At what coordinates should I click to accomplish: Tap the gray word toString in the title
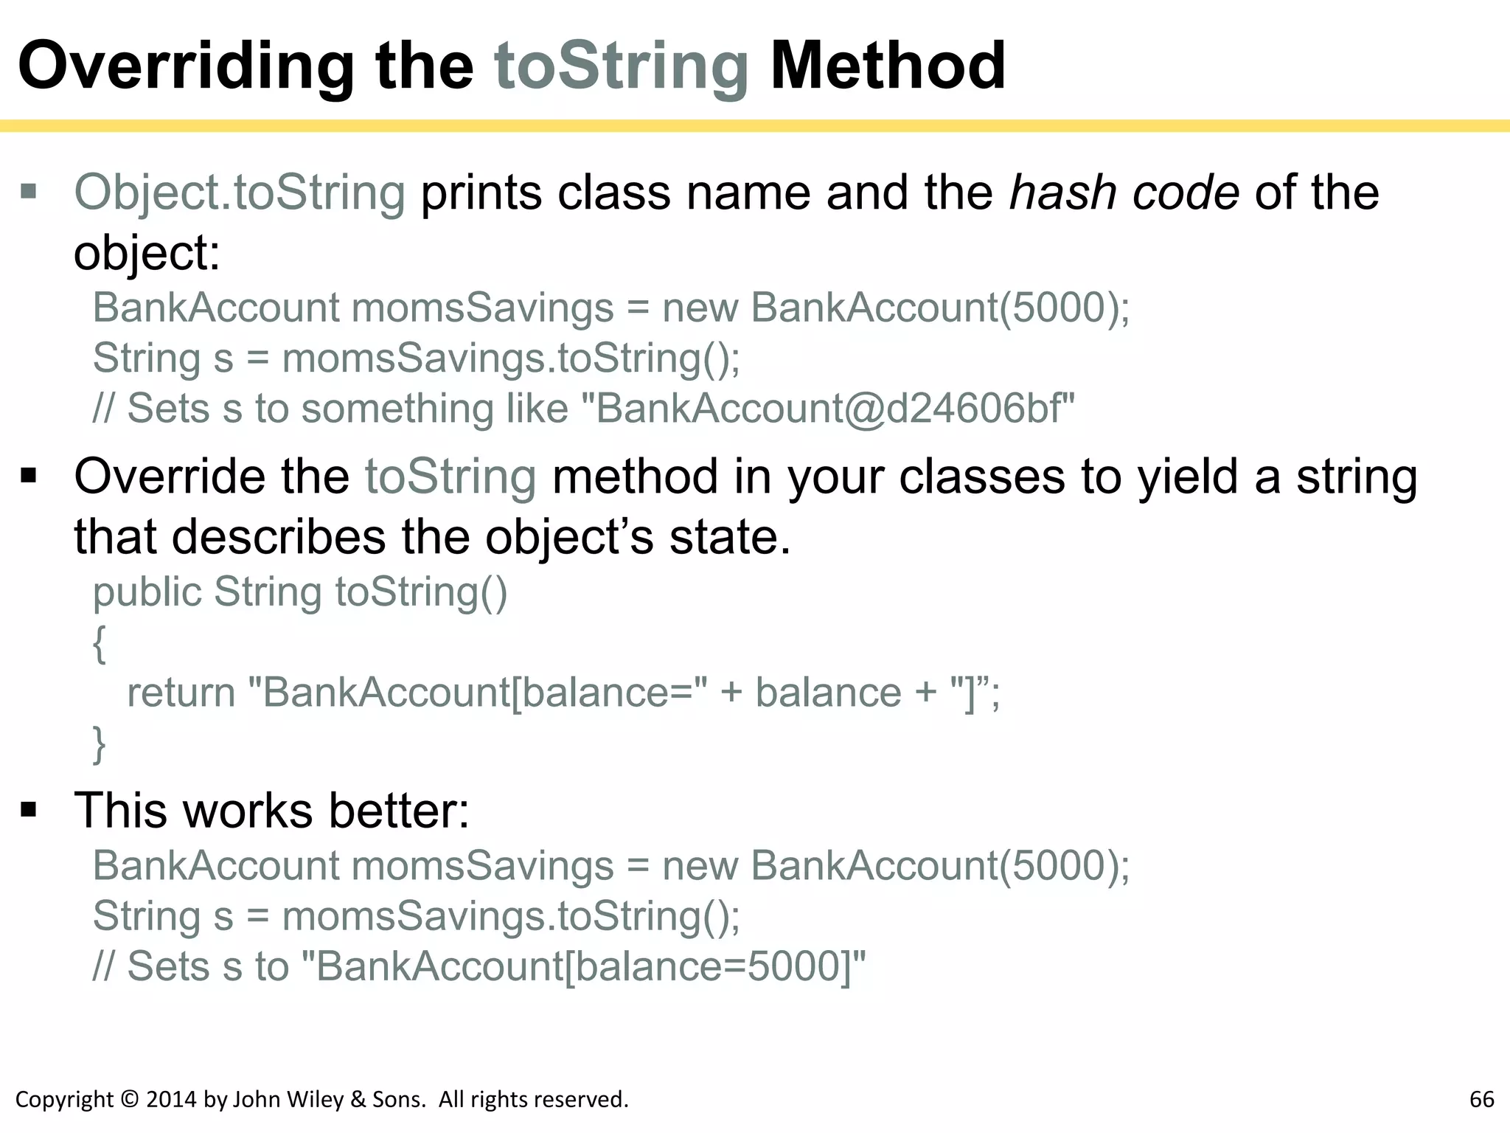[621, 66]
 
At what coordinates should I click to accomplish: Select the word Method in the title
[887, 66]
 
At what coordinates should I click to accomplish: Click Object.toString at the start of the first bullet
[240, 193]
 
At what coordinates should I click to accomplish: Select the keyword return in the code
[181, 693]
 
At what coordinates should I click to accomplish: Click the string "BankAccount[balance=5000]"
[585, 966]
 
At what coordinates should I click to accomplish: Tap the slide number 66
[1481, 1100]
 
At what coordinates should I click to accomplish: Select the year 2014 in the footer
[171, 1100]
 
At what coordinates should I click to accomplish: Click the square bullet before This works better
[29, 810]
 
